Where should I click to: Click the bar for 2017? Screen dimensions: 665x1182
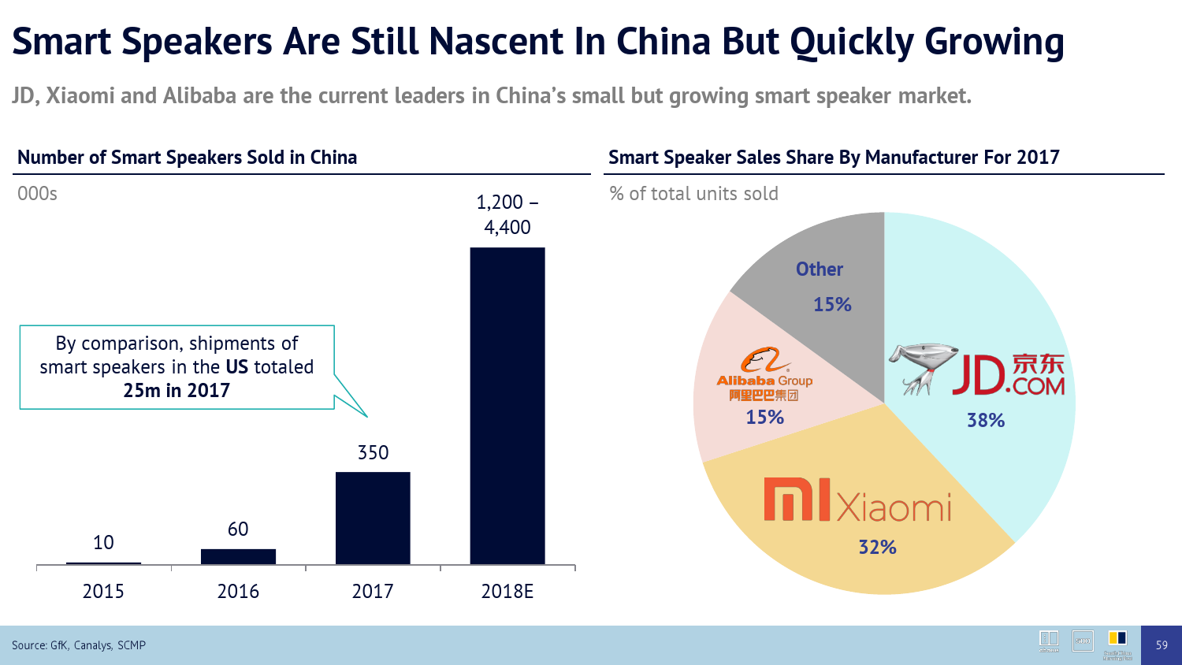tap(373, 518)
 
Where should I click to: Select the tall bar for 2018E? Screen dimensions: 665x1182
tap(507, 405)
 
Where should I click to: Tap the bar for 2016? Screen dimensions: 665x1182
tap(238, 556)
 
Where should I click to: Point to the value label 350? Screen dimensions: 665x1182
tap(373, 453)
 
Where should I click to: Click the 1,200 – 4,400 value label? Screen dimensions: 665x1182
tap(507, 214)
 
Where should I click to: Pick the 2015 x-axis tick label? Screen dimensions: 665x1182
tap(103, 591)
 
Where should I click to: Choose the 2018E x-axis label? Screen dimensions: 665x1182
tap(507, 591)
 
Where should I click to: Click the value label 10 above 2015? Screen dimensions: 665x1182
tap(103, 542)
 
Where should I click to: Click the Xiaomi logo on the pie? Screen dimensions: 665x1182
tap(857, 501)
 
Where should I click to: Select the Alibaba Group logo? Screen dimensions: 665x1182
tap(764, 373)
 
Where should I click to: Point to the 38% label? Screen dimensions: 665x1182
tap(986, 421)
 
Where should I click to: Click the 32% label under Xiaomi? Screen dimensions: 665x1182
tap(877, 547)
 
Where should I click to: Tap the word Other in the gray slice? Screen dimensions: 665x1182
tap(820, 269)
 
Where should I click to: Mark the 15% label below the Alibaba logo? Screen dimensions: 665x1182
tap(764, 417)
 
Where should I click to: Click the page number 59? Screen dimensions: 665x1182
tap(1162, 645)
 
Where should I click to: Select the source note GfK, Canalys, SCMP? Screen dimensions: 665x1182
tap(79, 645)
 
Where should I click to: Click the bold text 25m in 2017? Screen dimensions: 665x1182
tap(177, 391)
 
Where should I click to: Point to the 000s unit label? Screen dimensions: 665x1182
tap(37, 194)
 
